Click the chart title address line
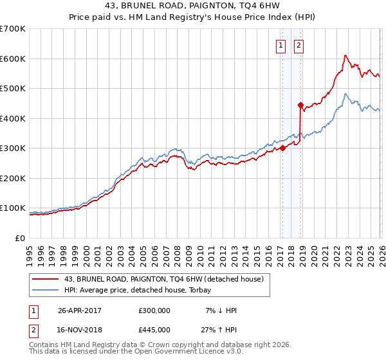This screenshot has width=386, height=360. click(193, 5)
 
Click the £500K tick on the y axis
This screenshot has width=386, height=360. click(13, 88)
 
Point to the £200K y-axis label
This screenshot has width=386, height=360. click(13, 178)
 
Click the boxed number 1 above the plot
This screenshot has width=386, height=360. click(282, 45)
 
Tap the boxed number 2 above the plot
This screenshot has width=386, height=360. click(300, 45)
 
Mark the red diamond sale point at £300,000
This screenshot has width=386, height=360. click(282, 148)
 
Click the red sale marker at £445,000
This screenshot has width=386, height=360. click(300, 105)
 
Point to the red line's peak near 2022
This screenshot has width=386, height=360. click(345, 55)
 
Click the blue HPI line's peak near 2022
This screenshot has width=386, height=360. click(345, 94)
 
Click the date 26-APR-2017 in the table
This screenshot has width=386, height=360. click(80, 310)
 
